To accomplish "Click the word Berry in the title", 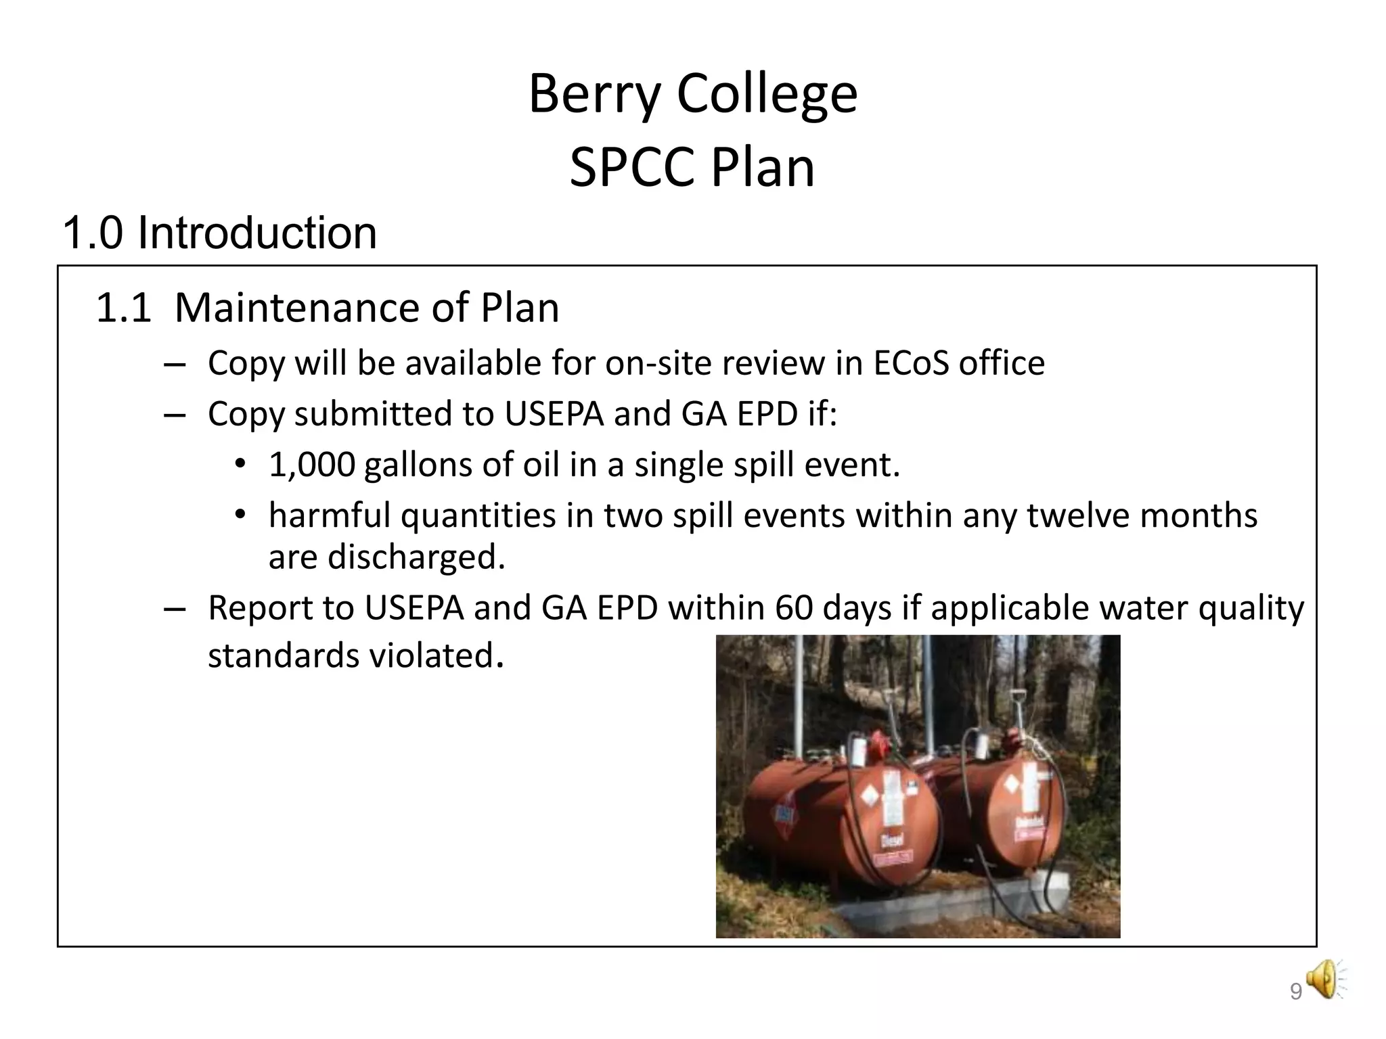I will pyautogui.click(x=594, y=95).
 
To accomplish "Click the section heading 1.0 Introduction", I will pyautogui.click(x=219, y=233).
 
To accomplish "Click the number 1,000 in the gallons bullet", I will pyautogui.click(x=312, y=465).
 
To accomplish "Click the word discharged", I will pyautogui.click(x=416, y=557).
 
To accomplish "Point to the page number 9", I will pyautogui.click(x=1295, y=992).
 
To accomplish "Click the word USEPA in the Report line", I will pyautogui.click(x=414, y=608).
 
